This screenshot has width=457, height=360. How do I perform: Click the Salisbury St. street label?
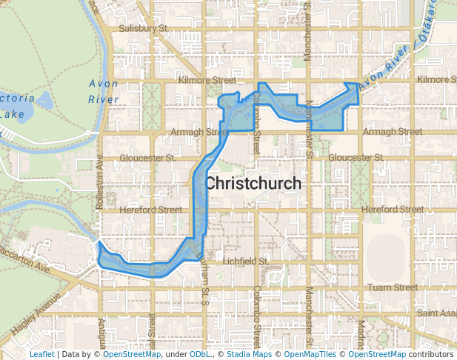[145, 28]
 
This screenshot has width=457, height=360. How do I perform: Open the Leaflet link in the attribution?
[41, 354]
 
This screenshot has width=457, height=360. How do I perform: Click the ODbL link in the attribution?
[200, 354]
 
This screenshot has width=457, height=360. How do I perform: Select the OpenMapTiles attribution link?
[311, 354]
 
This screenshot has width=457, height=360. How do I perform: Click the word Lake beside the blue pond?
[12, 114]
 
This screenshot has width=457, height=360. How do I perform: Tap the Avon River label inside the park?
[103, 91]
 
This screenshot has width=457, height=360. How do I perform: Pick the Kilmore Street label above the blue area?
[207, 79]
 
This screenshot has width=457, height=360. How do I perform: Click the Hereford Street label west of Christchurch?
[156, 210]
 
